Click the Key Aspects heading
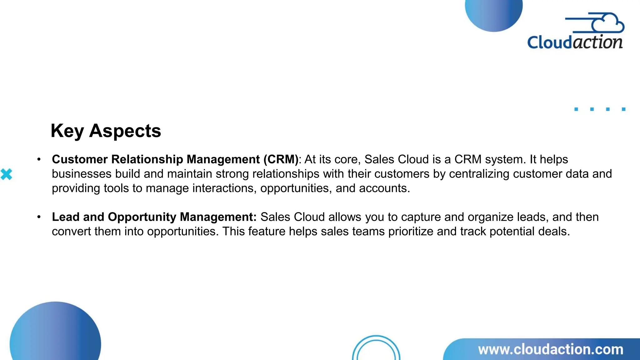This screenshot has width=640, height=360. (106, 131)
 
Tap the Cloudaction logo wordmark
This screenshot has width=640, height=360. (575, 42)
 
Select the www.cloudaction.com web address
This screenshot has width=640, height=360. (551, 349)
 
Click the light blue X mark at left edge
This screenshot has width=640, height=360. (6, 174)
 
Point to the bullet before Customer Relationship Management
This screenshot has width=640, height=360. (39, 160)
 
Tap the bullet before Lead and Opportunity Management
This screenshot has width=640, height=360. (39, 217)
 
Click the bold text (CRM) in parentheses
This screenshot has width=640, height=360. (281, 159)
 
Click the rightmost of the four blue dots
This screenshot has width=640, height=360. (623, 109)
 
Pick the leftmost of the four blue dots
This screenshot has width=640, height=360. (576, 109)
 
